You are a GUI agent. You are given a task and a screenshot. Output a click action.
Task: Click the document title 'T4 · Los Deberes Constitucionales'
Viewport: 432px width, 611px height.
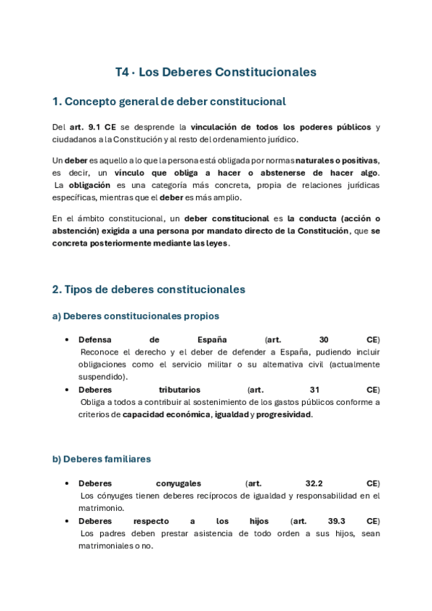click(x=216, y=72)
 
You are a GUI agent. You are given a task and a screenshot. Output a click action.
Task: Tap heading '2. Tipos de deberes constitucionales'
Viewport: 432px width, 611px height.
click(x=149, y=289)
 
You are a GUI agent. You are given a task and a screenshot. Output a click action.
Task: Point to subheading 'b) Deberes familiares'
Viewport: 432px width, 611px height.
click(x=101, y=458)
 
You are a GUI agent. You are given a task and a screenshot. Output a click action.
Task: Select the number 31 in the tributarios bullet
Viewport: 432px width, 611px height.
click(x=314, y=389)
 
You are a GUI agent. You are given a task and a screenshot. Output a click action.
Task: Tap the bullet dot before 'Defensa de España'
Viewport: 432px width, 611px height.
click(x=66, y=339)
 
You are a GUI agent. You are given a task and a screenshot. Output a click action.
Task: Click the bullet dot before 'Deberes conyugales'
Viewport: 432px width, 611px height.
click(x=66, y=483)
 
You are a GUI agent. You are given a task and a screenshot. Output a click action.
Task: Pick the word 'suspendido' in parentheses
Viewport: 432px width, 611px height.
click(x=103, y=376)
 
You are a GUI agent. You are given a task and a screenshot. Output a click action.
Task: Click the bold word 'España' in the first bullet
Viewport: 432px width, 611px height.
click(x=212, y=339)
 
